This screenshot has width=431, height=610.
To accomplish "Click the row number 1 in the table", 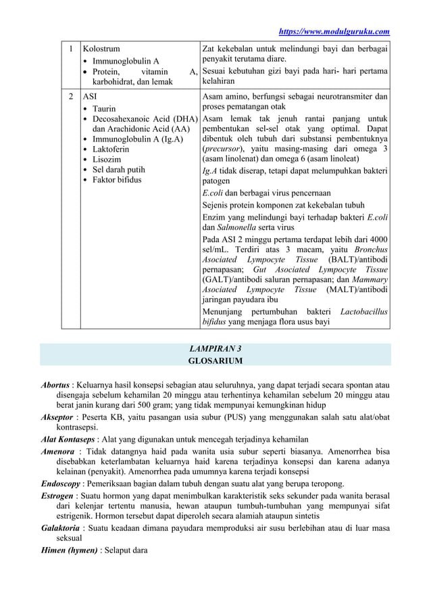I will tap(70, 49).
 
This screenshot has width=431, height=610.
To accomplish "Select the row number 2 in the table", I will tap(70, 97).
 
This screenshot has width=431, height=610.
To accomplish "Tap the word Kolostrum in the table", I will tap(100, 49).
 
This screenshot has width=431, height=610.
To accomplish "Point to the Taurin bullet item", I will tap(104, 109).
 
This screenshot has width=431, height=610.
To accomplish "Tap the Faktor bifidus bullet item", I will tap(117, 181).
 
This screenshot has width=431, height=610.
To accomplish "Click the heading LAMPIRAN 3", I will tap(215, 349).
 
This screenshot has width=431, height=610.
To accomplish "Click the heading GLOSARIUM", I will tap(215, 361).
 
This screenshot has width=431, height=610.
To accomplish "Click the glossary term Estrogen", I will tap(58, 495).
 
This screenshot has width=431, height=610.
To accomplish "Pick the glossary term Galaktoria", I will tap(60, 527).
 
